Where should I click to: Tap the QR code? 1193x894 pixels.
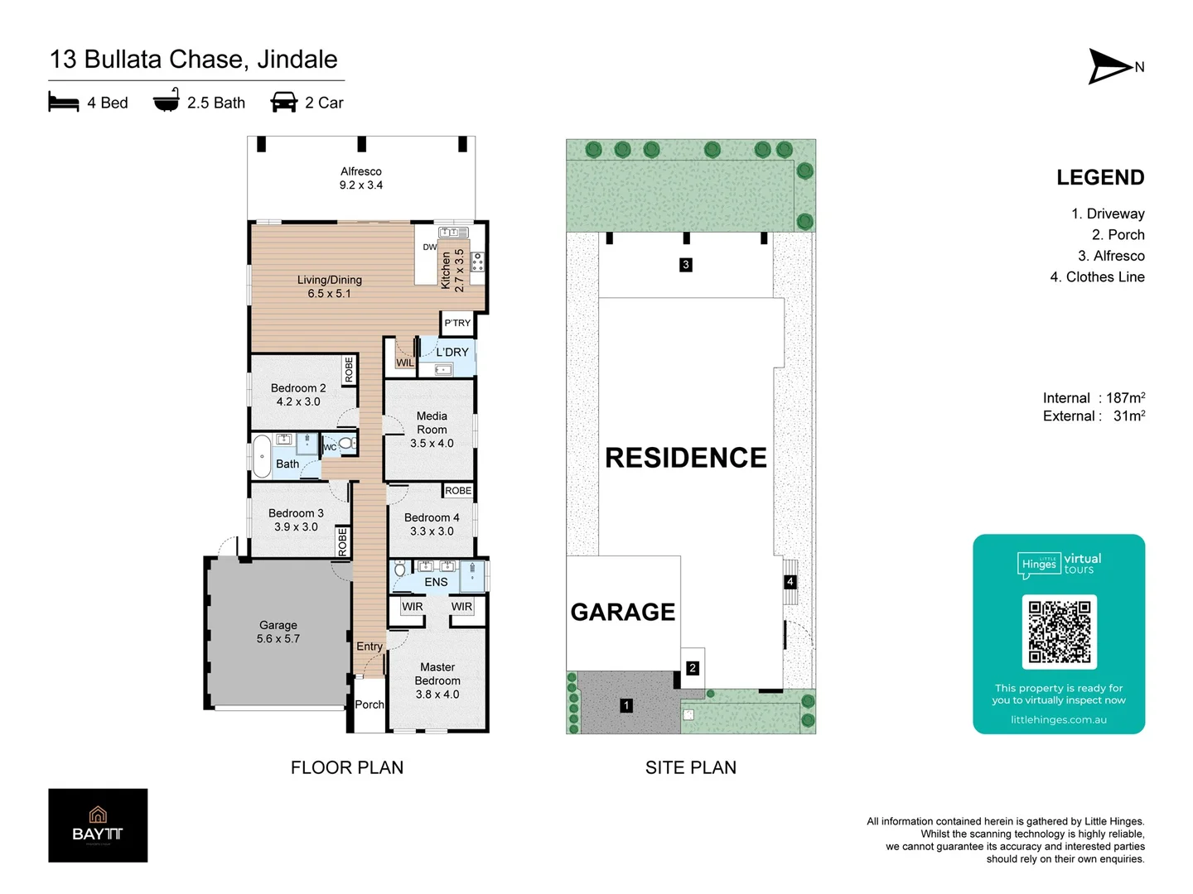[1059, 632]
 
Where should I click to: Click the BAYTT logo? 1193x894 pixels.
[98, 825]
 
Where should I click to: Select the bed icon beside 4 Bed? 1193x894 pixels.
[64, 102]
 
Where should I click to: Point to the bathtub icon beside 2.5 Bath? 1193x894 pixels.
[167, 100]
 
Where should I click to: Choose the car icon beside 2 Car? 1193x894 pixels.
[283, 102]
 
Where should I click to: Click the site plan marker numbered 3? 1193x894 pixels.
[685, 264]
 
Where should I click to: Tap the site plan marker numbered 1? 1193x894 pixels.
[626, 705]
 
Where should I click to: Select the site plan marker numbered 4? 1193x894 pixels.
[790, 581]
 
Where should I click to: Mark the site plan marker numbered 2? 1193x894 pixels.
[693, 668]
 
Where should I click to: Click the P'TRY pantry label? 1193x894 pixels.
[457, 323]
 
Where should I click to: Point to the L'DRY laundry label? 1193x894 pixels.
[452, 352]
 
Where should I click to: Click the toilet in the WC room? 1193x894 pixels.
[346, 444]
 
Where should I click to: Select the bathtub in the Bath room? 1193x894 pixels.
[262, 456]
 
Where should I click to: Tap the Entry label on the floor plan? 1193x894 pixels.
[369, 646]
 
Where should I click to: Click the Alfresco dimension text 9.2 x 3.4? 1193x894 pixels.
[361, 185]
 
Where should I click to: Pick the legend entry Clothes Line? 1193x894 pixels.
[1105, 276]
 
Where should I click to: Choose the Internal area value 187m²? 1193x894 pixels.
[1126, 397]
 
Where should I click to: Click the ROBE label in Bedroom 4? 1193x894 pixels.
[458, 491]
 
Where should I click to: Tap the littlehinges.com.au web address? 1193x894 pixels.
[1059, 720]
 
